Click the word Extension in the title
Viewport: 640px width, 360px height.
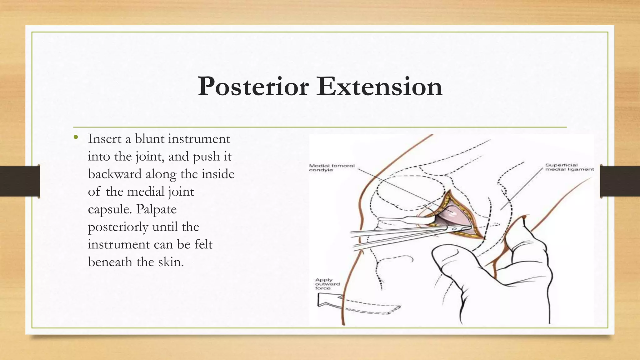379,87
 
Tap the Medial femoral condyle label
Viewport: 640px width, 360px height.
332,168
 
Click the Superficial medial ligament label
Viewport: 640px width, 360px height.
569,167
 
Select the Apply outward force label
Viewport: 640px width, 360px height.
327,284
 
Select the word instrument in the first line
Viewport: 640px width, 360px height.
199,138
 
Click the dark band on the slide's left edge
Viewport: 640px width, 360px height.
20,181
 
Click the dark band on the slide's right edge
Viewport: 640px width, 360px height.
620,181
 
